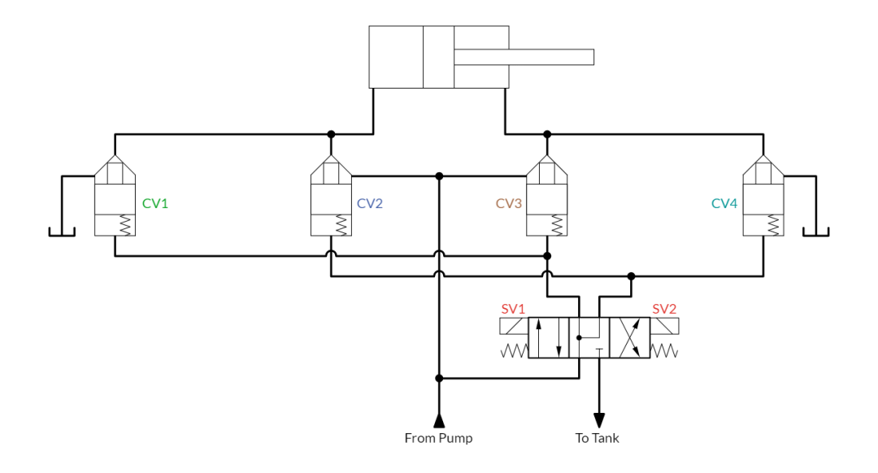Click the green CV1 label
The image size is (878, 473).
coord(155,203)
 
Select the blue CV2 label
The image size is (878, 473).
coord(370,203)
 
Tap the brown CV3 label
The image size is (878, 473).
coord(508,203)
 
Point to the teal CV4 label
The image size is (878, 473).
coord(724,203)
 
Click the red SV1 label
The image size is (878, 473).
coord(513,309)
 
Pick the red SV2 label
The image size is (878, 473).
coord(664,309)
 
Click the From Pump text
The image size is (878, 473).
coord(438,438)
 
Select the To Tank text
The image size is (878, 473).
coord(597,438)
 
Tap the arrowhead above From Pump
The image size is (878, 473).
coord(439,420)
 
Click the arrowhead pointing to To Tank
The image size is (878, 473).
coord(599,420)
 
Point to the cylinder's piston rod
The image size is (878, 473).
coord(524,57)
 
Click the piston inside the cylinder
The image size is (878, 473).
coord(438,57)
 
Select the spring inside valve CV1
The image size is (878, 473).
coord(125,226)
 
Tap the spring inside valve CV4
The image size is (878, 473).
coord(773,226)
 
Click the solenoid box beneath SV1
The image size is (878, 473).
coord(514,327)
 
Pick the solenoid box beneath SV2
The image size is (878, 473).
coord(664,327)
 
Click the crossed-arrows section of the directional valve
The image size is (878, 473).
coord(629,337)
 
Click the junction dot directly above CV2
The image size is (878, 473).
coord(331,134)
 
